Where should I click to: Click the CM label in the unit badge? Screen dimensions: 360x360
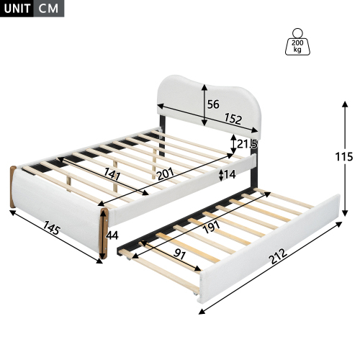(48, 9)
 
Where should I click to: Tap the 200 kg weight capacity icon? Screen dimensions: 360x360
(297, 41)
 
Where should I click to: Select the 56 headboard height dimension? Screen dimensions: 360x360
(213, 104)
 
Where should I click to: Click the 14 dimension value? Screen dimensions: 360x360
(229, 174)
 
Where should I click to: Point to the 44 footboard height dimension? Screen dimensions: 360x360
(113, 234)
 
